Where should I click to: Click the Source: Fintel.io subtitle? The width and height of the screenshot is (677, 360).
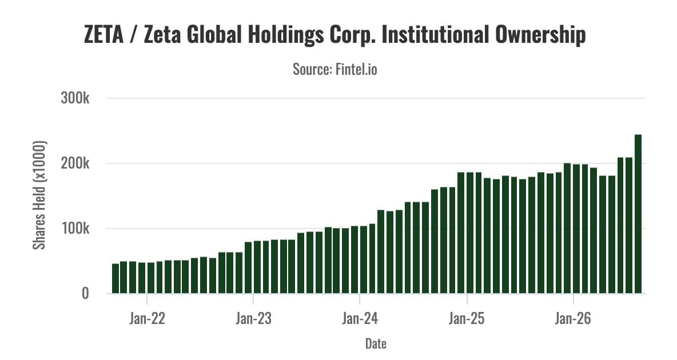tap(334, 69)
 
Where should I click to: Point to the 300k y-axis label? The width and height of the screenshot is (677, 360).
tap(75, 98)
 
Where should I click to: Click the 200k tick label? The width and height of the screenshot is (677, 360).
tap(75, 163)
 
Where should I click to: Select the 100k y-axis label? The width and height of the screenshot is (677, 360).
tap(75, 229)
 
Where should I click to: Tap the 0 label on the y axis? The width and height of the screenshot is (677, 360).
tap(85, 294)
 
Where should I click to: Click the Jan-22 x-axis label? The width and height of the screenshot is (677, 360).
tap(147, 318)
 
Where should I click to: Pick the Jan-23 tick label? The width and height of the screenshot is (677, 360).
tap(253, 318)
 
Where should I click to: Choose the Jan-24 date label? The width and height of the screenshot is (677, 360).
tap(360, 318)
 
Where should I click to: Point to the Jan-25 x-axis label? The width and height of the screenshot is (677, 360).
tap(467, 318)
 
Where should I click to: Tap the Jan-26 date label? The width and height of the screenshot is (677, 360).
tap(573, 318)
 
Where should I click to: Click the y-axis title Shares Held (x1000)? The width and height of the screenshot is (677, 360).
tap(39, 195)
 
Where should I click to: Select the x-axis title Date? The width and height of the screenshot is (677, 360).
tap(376, 343)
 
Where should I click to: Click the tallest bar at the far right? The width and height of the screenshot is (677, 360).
tap(638, 214)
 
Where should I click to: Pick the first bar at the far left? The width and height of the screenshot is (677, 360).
tap(116, 278)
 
